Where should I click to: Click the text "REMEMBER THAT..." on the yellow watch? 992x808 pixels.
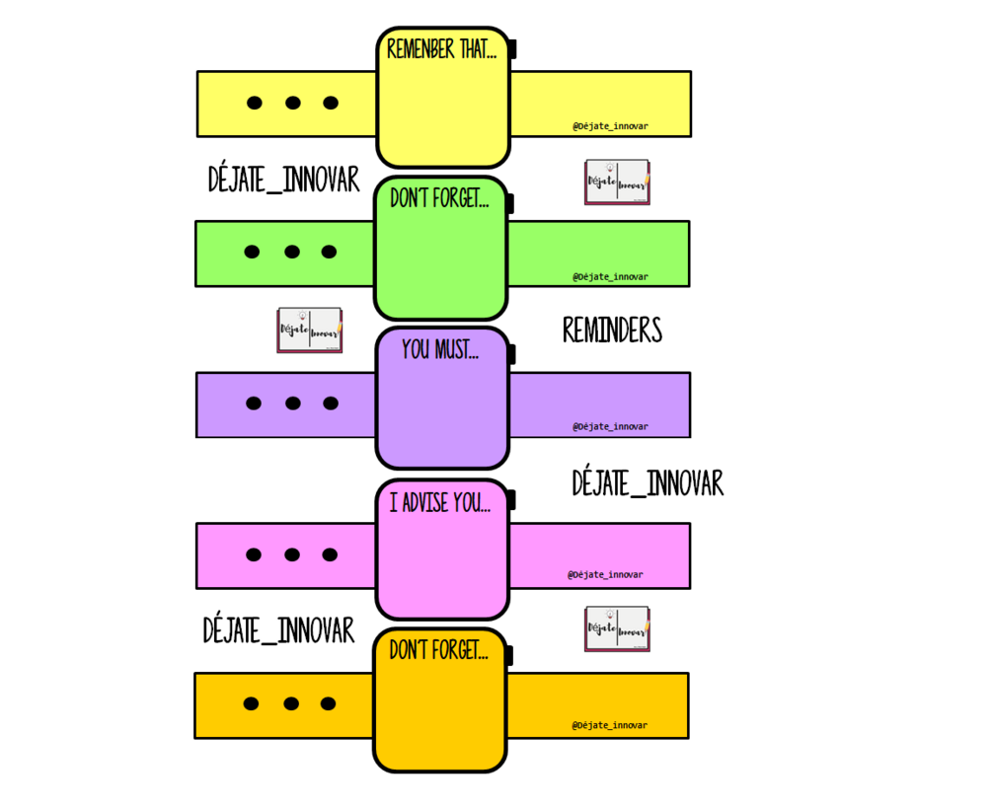click(441, 49)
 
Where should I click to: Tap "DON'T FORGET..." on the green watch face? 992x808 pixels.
click(439, 198)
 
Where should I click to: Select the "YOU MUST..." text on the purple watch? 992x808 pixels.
click(440, 349)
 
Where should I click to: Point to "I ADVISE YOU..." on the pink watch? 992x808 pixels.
click(439, 502)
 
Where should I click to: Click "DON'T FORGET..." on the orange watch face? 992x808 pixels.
click(438, 650)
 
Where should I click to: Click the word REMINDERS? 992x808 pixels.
click(612, 331)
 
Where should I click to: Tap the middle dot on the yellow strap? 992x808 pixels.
click(292, 103)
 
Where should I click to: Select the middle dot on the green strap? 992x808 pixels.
click(291, 252)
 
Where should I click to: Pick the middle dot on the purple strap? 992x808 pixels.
click(292, 403)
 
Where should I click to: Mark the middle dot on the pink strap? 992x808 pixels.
click(291, 554)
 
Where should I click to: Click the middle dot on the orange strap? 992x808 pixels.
click(290, 703)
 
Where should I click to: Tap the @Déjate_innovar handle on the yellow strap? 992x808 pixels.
click(610, 126)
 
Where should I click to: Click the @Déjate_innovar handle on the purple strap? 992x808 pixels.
click(610, 427)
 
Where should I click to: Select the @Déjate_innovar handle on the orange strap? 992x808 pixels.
click(609, 725)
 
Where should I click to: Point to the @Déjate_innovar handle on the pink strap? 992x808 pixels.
click(605, 574)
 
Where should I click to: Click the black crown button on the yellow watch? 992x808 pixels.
click(513, 49)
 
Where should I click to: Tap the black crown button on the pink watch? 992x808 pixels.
click(511, 500)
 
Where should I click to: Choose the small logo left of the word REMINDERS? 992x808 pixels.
click(309, 330)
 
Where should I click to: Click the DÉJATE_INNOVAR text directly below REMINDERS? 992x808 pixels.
click(648, 483)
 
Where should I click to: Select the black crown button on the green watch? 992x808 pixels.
click(510, 203)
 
